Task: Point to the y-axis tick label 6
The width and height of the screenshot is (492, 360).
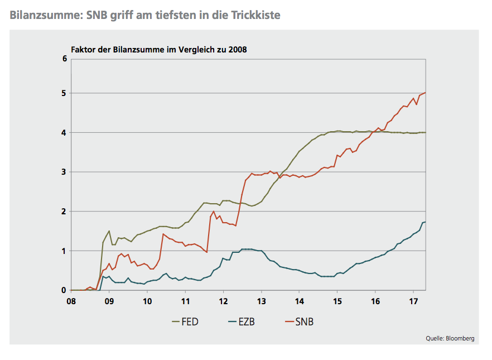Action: pyautogui.click(x=65, y=59)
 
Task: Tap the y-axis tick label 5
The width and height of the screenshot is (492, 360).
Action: pyautogui.click(x=65, y=93)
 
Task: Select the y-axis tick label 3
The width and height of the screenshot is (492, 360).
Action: pyautogui.click(x=65, y=172)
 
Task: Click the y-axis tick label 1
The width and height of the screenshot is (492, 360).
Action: pyautogui.click(x=65, y=251)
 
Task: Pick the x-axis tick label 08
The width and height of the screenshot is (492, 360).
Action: pyautogui.click(x=71, y=300)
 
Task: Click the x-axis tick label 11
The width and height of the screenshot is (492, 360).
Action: pyautogui.click(x=185, y=300)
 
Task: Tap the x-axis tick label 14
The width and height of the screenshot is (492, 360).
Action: pyautogui.click(x=299, y=300)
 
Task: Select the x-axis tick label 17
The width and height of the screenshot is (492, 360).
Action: pyautogui.click(x=413, y=300)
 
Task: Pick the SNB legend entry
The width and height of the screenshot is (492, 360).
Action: pyautogui.click(x=304, y=322)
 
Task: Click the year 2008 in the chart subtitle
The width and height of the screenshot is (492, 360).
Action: pyautogui.click(x=237, y=49)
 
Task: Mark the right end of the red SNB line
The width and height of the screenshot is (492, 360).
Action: pyautogui.click(x=426, y=93)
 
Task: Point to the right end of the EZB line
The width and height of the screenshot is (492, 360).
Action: pyautogui.click(x=426, y=222)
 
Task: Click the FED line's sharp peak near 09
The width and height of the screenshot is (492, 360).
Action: pyautogui.click(x=109, y=231)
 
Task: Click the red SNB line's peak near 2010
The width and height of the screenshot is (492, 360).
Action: pyautogui.click(x=163, y=234)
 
